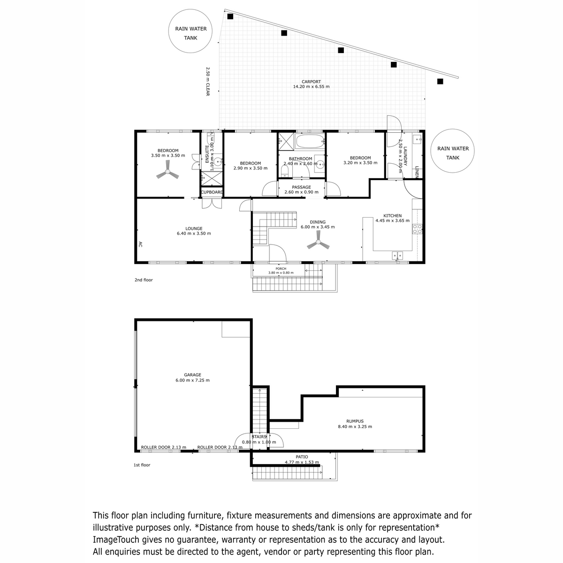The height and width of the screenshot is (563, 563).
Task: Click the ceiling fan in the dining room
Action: pyautogui.click(x=318, y=242)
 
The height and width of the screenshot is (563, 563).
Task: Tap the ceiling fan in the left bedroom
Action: pyautogui.click(x=167, y=172)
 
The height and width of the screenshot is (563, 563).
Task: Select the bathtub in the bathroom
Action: pyautogui.click(x=310, y=141)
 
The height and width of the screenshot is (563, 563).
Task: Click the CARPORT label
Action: pyautogui.click(x=311, y=82)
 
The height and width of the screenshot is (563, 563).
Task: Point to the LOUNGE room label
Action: pyautogui.click(x=194, y=228)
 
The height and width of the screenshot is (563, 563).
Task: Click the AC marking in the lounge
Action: pyautogui.click(x=140, y=244)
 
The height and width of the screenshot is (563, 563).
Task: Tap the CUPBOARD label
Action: pyautogui.click(x=212, y=192)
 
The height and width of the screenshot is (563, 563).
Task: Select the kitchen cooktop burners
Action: pyautogui.click(x=417, y=229)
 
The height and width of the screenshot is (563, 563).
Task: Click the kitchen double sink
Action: pyautogui.click(x=397, y=255)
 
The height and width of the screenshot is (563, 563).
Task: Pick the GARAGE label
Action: pyautogui.click(x=192, y=374)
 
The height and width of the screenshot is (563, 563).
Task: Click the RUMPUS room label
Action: pyautogui.click(x=355, y=421)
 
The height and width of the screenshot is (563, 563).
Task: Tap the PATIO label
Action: pyautogui.click(x=302, y=456)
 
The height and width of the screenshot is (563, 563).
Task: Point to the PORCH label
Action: pyautogui.click(x=281, y=268)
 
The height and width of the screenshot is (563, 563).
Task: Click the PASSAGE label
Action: pyautogui.click(x=302, y=187)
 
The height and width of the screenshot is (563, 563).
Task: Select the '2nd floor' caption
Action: pyautogui.click(x=144, y=280)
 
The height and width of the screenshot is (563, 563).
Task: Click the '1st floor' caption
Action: pyautogui.click(x=142, y=465)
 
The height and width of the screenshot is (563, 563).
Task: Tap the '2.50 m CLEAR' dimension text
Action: pyautogui.click(x=208, y=82)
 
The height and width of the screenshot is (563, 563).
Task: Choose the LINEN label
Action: pyautogui.click(x=417, y=172)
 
